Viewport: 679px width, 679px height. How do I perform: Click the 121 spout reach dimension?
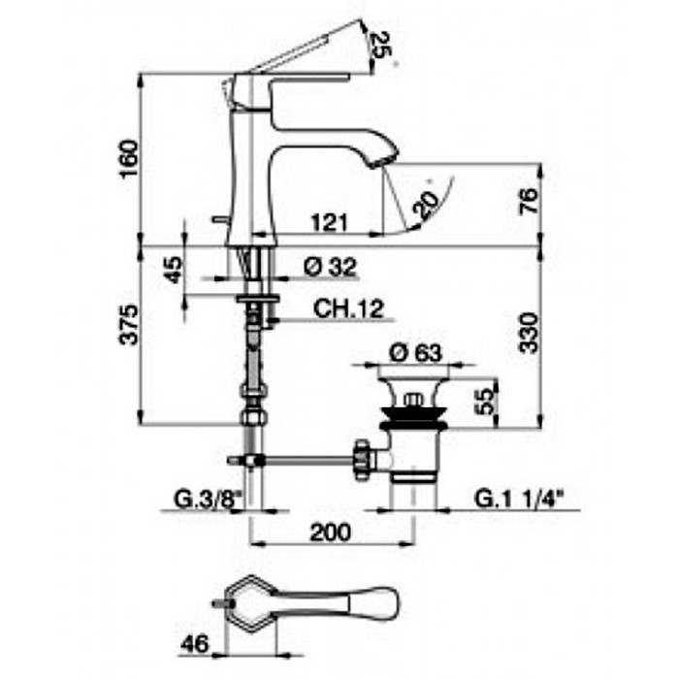[329, 224]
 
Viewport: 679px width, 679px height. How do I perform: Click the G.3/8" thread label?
[206, 500]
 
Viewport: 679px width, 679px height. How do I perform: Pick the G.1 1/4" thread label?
[519, 500]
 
